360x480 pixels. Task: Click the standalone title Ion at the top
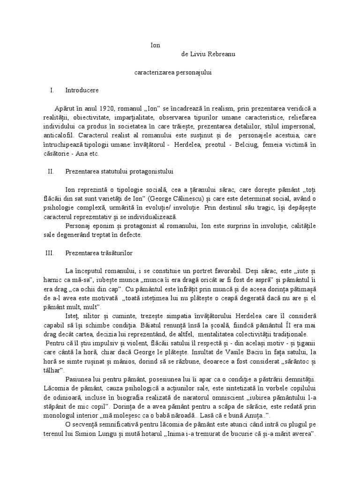[155, 45]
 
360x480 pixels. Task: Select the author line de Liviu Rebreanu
[208, 54]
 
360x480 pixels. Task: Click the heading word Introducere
[82, 90]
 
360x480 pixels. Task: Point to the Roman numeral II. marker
[52, 172]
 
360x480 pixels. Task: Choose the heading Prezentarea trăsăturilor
[99, 253]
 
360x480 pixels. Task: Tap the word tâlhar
[58, 370]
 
